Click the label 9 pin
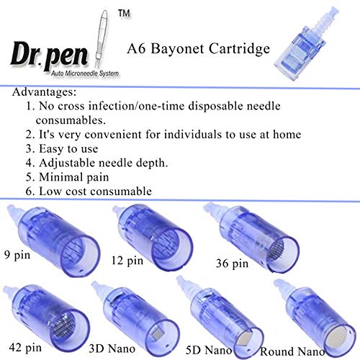[19, 254]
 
